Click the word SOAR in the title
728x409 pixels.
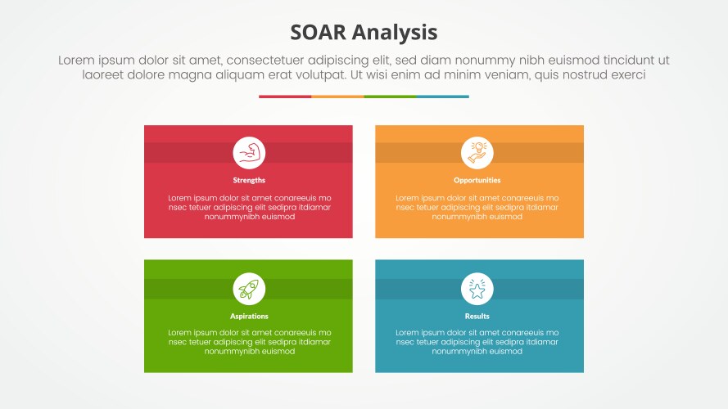319,32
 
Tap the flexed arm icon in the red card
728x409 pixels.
249,153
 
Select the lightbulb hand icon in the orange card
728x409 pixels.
477,153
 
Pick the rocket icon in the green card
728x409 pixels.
249,289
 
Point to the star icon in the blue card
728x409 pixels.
477,289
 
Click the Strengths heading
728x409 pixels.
249,180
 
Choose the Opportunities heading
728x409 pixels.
477,180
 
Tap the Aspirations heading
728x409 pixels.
249,316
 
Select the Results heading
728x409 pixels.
477,316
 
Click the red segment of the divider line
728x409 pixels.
285,97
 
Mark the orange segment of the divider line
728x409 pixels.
337,97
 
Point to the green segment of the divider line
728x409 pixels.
390,97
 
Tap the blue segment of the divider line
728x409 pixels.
442,97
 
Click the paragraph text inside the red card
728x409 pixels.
249,208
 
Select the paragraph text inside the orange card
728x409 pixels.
477,208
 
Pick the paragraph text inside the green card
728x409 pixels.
249,342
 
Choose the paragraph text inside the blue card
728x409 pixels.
477,342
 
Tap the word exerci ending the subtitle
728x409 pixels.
625,74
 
